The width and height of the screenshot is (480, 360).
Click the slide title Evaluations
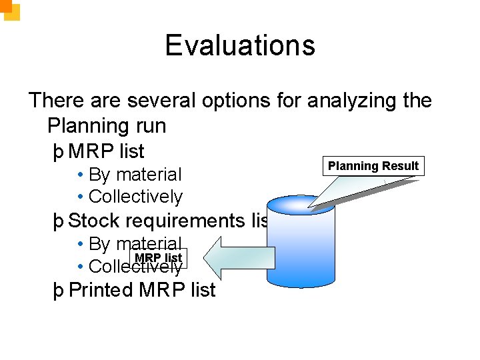[x=240, y=45]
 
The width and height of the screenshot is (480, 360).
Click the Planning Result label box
[x=373, y=166]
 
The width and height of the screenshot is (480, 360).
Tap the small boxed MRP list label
[x=158, y=258]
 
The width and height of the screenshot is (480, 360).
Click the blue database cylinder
[x=300, y=243]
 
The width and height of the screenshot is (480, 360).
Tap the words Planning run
[x=107, y=125]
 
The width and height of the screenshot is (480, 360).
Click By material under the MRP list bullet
[x=135, y=175]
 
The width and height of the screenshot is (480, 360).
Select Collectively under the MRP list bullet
[x=135, y=197]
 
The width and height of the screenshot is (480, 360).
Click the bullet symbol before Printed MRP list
[x=59, y=291]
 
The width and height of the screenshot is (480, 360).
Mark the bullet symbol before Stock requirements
[x=59, y=221]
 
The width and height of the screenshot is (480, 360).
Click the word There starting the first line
[x=55, y=101]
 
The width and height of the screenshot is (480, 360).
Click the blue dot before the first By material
[x=80, y=175]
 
